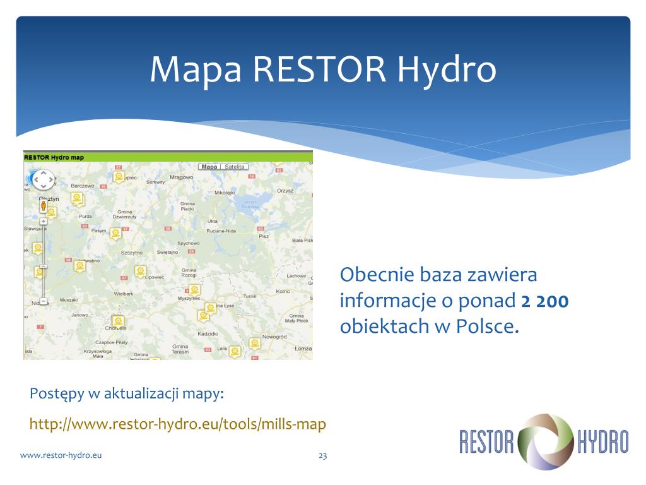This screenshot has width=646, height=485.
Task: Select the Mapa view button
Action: click(x=209, y=167)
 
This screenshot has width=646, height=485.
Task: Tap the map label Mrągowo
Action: click(x=181, y=177)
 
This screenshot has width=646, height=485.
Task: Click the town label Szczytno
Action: click(x=132, y=252)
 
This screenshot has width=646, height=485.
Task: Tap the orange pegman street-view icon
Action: click(x=43, y=205)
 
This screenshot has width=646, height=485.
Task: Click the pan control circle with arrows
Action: click(x=44, y=181)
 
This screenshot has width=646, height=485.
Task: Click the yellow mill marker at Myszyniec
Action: click(x=195, y=289)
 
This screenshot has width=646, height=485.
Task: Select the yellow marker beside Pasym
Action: click(x=115, y=233)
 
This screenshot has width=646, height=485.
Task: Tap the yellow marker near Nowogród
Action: click(x=255, y=343)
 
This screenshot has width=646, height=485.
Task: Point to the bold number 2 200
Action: click(x=545, y=301)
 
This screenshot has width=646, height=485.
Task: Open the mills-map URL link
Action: click(x=178, y=424)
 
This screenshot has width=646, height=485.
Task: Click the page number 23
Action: click(x=322, y=455)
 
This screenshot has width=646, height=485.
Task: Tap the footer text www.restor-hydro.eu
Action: click(x=61, y=455)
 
